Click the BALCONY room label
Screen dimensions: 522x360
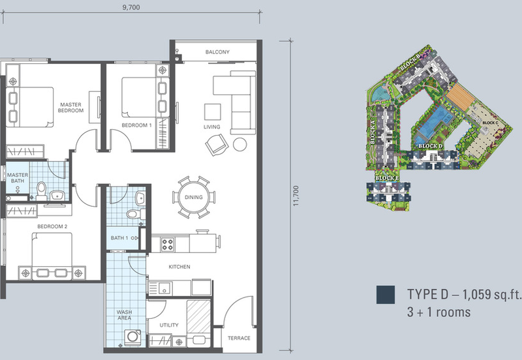pos(217,52)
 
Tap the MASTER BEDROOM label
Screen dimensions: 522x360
pos(70,108)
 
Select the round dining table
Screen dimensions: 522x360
pos(194,198)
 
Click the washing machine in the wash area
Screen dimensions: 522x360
pos(132,337)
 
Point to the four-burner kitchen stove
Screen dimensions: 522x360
pos(168,245)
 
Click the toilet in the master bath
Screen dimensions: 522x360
pos(41,191)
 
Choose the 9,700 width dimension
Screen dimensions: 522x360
pos(131,7)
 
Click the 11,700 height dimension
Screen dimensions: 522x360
pos(296,196)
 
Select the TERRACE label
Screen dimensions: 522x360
pos(239,338)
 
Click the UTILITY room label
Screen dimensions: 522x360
pos(169,325)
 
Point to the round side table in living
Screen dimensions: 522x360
pos(239,144)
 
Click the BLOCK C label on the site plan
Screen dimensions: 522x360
pos(491,123)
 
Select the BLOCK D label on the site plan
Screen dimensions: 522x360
pos(431,146)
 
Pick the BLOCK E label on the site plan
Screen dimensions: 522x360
pos(387,178)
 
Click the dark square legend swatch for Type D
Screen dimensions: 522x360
pos(386,294)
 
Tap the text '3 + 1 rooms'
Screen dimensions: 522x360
pos(438,312)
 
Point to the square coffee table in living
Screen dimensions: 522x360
pos(213,112)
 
